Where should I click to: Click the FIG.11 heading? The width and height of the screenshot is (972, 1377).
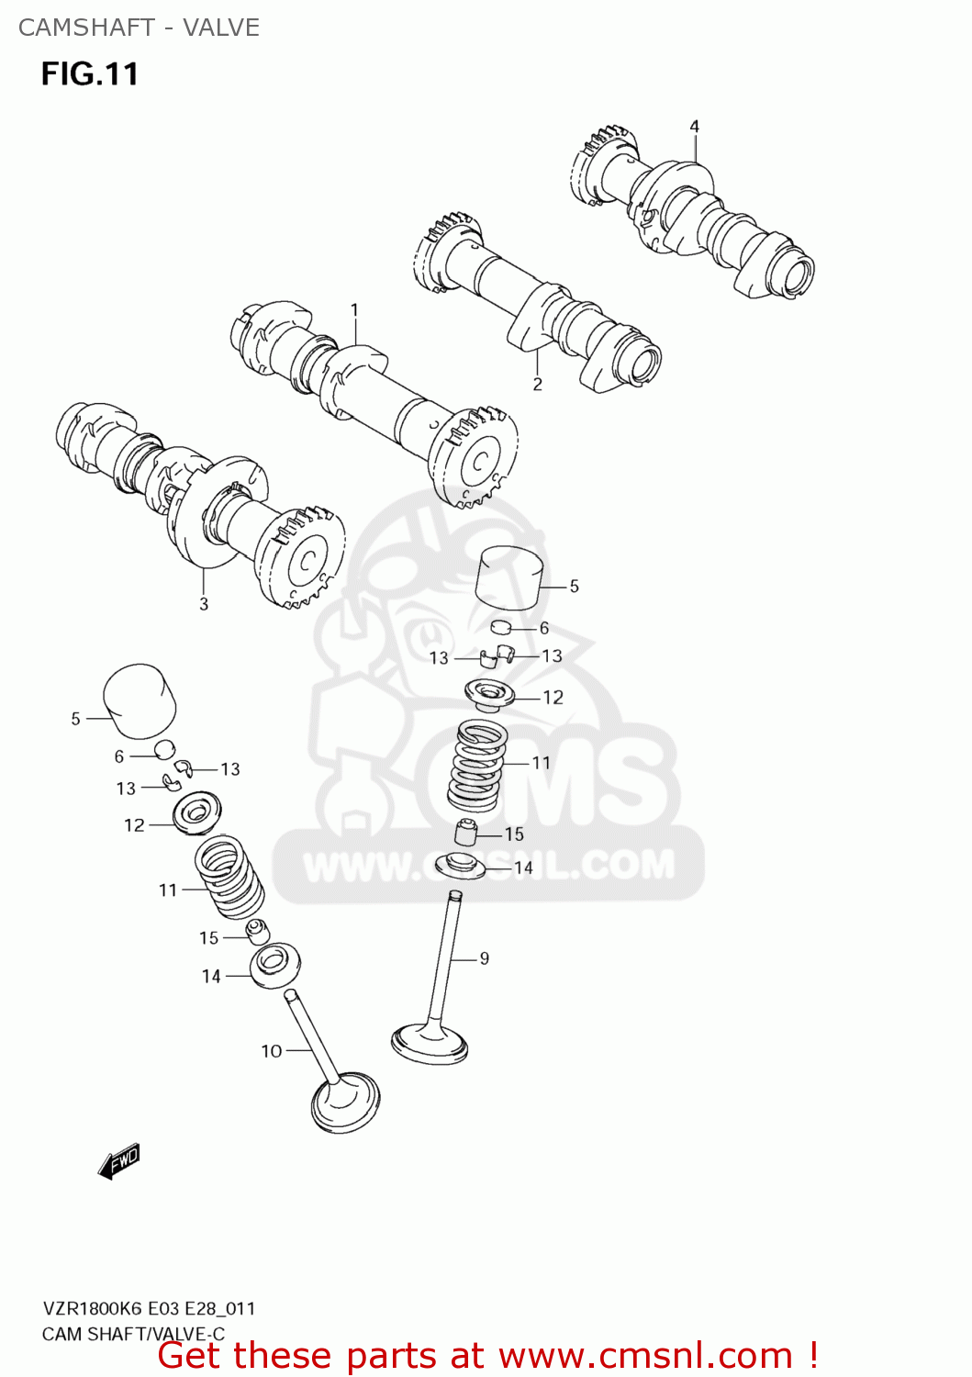point(89,74)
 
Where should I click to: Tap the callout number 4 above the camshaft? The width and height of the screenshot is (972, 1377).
point(695,127)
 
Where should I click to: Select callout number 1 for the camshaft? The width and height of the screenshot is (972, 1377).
point(354,311)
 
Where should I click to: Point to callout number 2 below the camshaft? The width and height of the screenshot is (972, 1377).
point(538,384)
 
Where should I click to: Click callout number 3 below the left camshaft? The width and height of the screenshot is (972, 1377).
point(204,604)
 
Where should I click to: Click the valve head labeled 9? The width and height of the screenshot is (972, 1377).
point(430,1044)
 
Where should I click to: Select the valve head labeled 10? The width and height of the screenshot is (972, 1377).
point(346,1102)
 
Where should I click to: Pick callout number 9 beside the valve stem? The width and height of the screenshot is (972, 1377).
point(485,958)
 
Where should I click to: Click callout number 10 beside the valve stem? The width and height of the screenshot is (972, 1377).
point(272,1051)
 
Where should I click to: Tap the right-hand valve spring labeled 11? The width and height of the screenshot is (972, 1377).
point(477,764)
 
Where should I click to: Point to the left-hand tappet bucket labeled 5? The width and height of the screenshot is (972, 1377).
point(140,700)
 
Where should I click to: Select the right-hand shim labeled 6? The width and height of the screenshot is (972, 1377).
point(500,628)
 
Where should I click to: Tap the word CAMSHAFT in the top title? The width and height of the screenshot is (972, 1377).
point(86,28)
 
